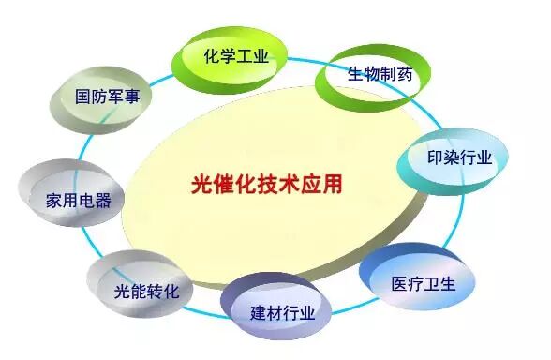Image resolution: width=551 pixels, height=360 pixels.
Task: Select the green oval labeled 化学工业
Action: click(236, 57)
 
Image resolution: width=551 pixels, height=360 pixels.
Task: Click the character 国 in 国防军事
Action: click(83, 97)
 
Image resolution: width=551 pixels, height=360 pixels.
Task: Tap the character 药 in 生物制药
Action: click(403, 75)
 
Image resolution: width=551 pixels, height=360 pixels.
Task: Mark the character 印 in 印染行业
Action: click(435, 157)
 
